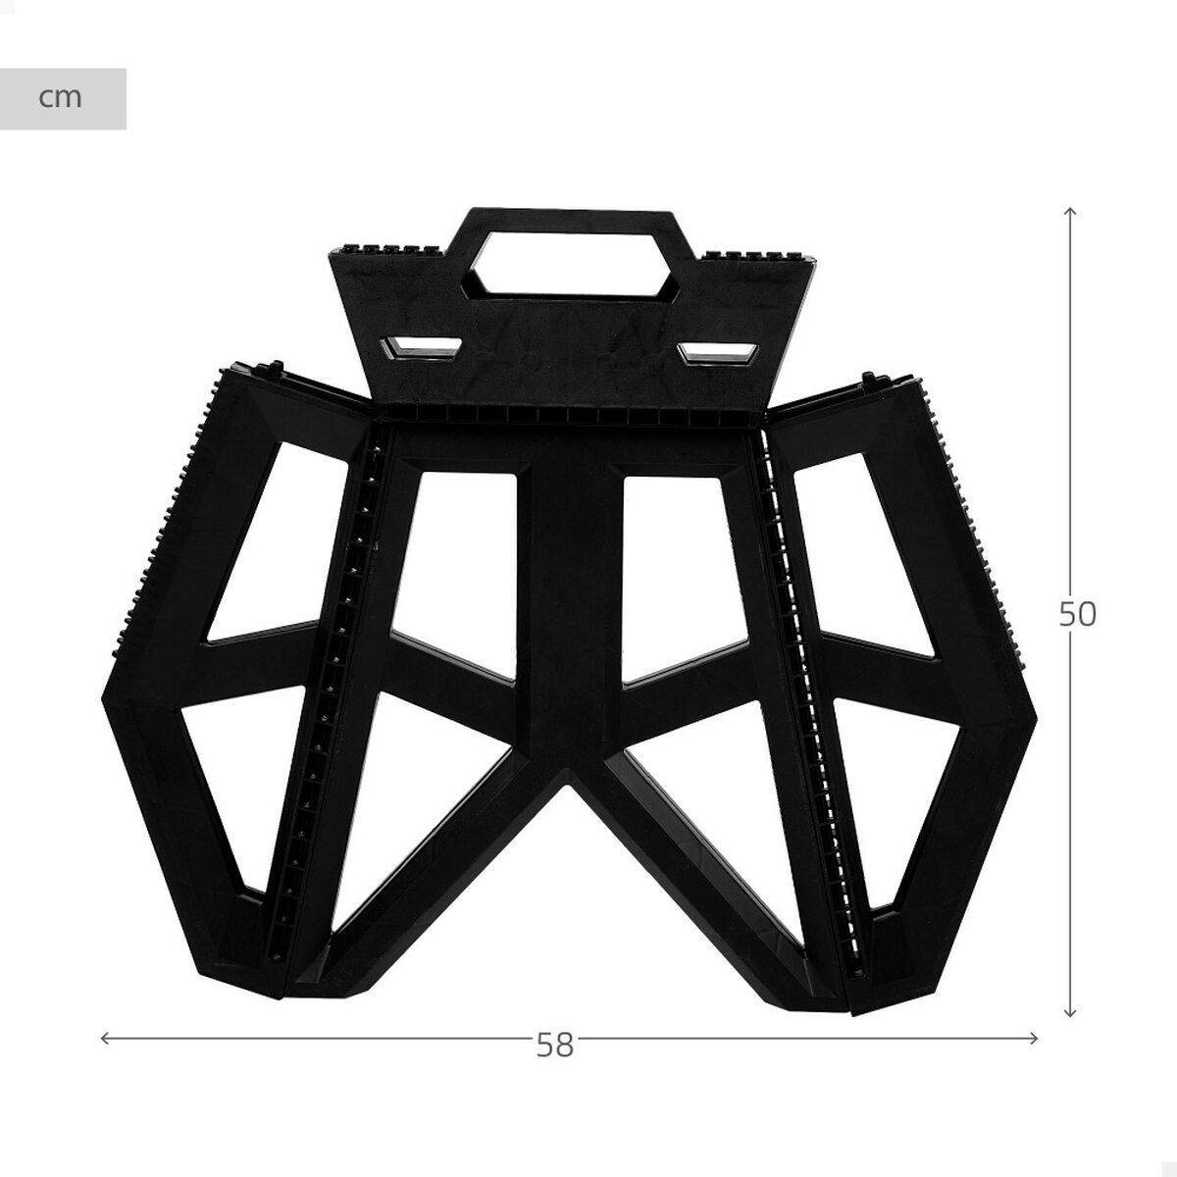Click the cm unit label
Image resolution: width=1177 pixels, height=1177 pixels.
(61, 98)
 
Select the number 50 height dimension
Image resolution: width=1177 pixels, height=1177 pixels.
(1077, 614)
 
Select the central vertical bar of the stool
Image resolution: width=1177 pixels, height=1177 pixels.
(569, 608)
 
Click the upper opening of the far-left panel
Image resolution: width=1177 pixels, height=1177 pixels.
(275, 539)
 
